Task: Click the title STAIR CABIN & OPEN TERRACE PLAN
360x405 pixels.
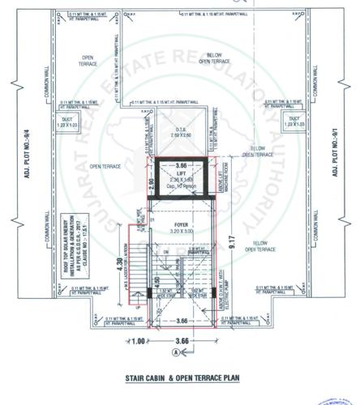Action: (x=181, y=377)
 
